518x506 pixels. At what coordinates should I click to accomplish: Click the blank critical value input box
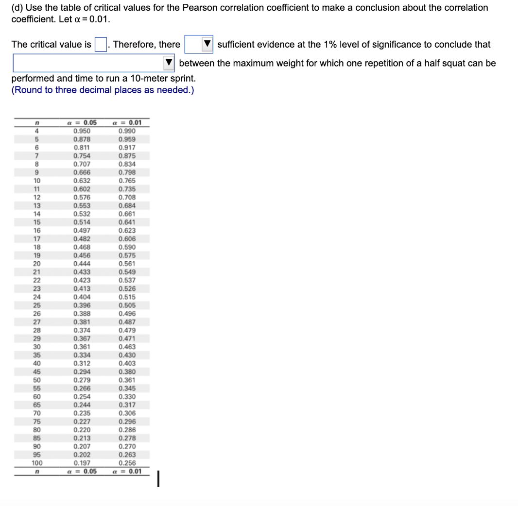(101, 45)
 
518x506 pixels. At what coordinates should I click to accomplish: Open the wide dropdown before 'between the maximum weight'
(94, 63)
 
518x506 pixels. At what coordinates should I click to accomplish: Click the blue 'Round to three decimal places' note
(103, 90)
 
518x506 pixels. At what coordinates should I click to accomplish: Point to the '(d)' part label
(17, 7)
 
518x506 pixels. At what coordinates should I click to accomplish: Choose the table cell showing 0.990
(127, 131)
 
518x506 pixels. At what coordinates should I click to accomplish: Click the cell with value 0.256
(127, 463)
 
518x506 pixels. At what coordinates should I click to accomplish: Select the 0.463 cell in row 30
(127, 347)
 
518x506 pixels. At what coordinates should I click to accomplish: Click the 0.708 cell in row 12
(127, 197)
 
